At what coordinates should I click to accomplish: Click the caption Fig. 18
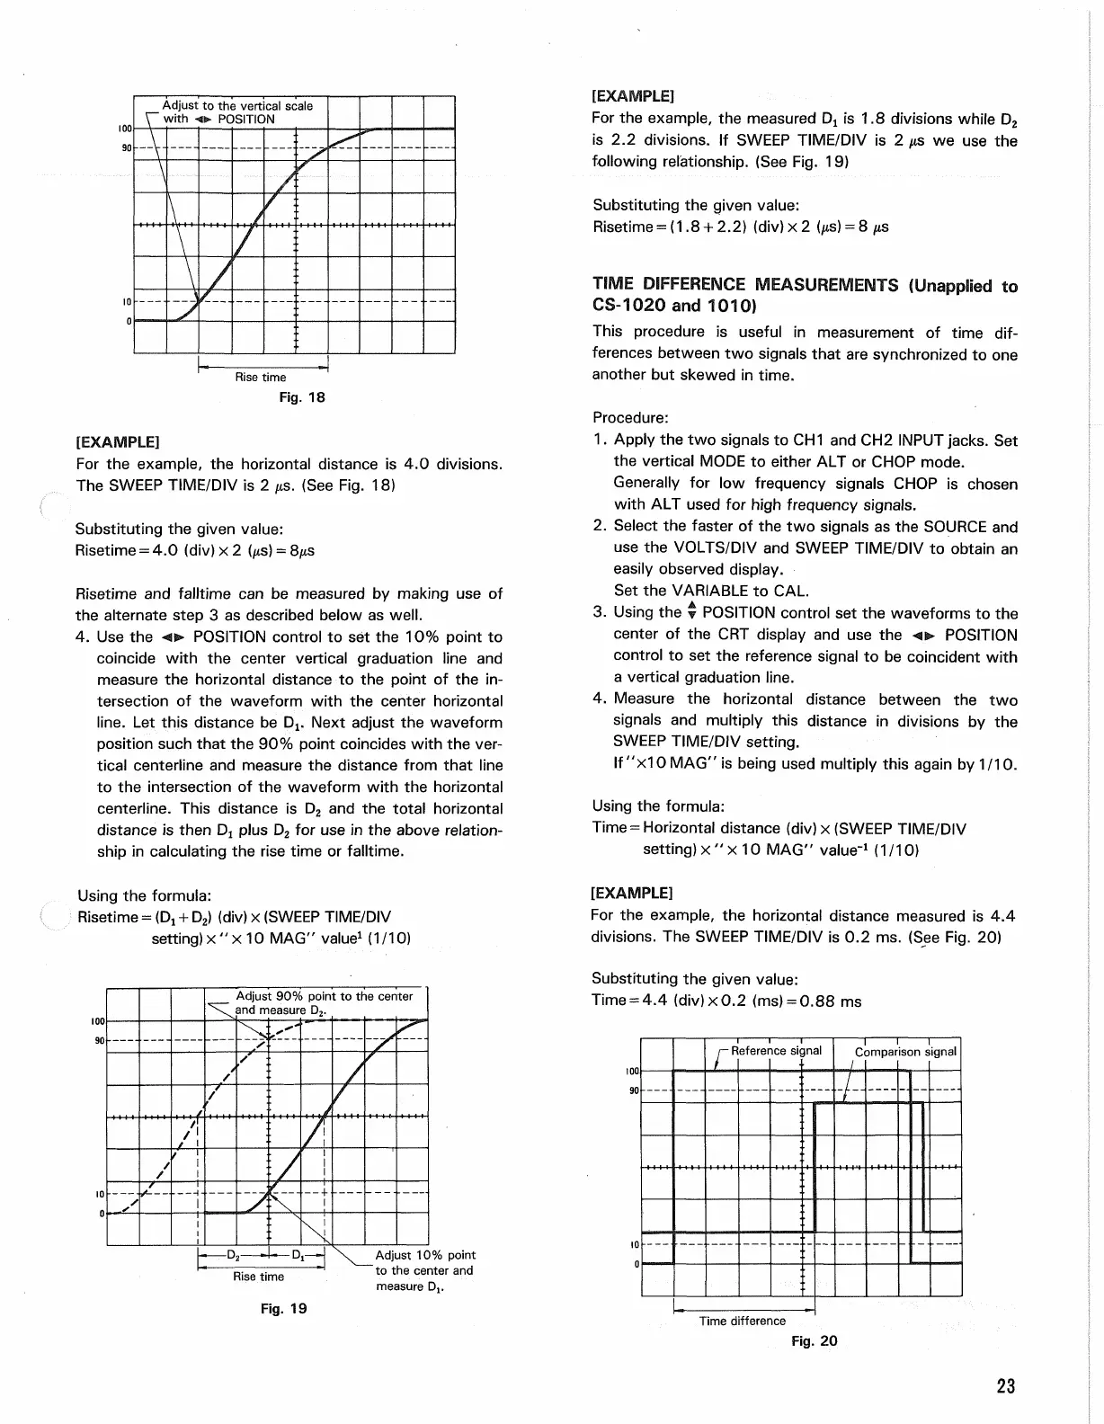(303, 397)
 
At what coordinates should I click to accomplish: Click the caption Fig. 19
(284, 1308)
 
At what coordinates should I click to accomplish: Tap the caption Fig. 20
(814, 1340)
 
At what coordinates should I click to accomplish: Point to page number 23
(1005, 1386)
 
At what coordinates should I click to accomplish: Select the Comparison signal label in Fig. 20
(906, 1052)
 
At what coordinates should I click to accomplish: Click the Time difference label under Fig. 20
(742, 1321)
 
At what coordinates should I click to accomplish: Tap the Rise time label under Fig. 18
(261, 378)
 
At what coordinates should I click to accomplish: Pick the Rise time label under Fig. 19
(258, 1277)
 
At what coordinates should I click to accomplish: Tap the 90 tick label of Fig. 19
(98, 1040)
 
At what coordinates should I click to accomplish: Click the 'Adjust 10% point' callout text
(425, 1255)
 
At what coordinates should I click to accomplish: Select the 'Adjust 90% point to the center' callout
(324, 996)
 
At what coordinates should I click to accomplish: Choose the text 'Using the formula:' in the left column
(145, 895)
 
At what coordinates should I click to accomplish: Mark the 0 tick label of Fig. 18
(129, 320)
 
